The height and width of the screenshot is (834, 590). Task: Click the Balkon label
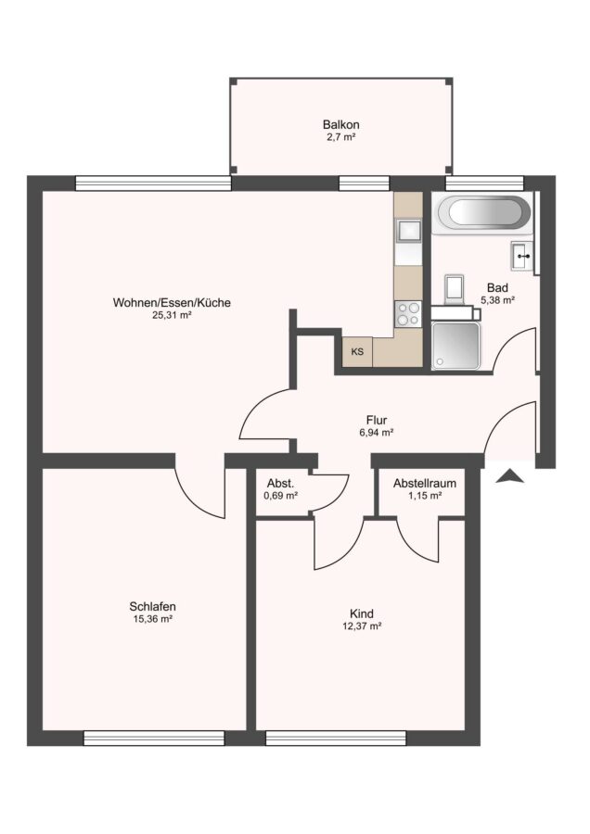click(x=340, y=124)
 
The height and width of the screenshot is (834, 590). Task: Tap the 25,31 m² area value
click(x=172, y=315)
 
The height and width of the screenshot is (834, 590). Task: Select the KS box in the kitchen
click(x=357, y=351)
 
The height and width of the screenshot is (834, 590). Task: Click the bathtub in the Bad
click(x=483, y=213)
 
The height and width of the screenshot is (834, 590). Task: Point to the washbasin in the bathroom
click(x=521, y=256)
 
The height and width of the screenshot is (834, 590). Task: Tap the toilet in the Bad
click(x=455, y=291)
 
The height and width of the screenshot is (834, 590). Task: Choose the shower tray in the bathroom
click(x=455, y=346)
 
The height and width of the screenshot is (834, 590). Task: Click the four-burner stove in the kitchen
click(x=407, y=313)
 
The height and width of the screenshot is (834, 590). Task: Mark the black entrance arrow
click(x=509, y=476)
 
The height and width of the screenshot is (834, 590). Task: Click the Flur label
click(x=377, y=420)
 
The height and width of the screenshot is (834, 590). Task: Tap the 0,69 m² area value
click(x=281, y=496)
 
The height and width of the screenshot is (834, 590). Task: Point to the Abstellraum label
click(x=425, y=484)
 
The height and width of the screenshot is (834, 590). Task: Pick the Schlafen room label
click(x=152, y=606)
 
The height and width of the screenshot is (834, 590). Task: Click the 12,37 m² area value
click(x=362, y=626)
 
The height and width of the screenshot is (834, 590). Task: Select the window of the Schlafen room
click(x=154, y=738)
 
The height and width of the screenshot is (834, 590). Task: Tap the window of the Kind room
click(x=336, y=738)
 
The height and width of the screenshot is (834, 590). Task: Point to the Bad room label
click(x=497, y=288)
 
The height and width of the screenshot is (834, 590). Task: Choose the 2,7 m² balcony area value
click(x=340, y=137)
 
